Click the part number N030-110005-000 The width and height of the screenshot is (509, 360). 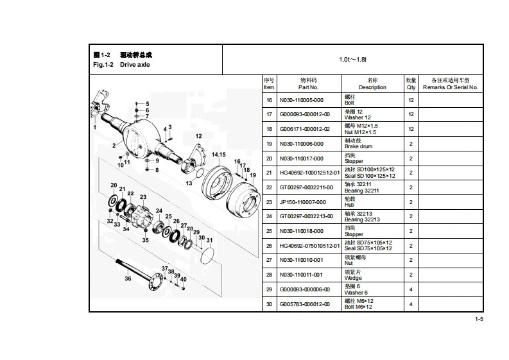tap(300, 100)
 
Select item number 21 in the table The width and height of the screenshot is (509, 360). tap(269, 173)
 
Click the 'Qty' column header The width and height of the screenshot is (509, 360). tap(411, 83)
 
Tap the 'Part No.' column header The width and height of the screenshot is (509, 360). tap(308, 83)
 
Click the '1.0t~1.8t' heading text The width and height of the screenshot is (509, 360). tap(352, 60)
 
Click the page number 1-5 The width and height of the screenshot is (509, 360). tap(478, 319)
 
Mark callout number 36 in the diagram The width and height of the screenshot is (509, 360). tap(128, 279)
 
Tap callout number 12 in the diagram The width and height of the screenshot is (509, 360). tap(199, 136)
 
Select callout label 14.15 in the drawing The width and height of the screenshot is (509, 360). tap(218, 155)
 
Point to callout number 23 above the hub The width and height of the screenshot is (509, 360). tap(143, 197)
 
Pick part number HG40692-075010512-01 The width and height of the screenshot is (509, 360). tap(309, 246)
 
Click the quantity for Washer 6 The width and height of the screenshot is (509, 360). tap(411, 289)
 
